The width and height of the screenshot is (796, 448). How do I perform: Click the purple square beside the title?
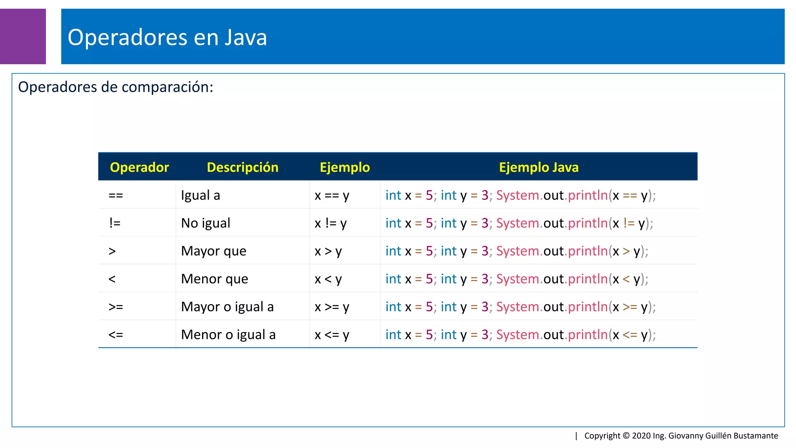click(x=23, y=36)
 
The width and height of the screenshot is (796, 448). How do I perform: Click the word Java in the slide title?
click(x=246, y=38)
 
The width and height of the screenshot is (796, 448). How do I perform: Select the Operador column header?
click(x=139, y=167)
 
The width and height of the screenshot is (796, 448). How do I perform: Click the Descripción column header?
click(x=243, y=167)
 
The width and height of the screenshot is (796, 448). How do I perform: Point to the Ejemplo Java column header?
click(x=539, y=167)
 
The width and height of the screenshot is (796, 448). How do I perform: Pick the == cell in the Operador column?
click(x=115, y=195)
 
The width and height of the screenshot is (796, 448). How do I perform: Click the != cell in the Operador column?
click(x=115, y=223)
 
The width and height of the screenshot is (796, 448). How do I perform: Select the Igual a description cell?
click(x=201, y=195)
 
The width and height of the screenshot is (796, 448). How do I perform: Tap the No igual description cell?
click(x=206, y=223)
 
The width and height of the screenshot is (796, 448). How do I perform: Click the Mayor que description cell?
click(x=213, y=251)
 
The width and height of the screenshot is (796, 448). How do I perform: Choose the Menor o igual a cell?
click(x=228, y=335)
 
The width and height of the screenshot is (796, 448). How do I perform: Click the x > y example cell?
click(x=328, y=251)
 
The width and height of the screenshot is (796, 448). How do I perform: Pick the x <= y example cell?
click(x=332, y=335)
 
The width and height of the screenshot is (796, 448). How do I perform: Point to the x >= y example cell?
click(x=332, y=307)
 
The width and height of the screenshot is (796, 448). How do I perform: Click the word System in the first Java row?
click(x=517, y=195)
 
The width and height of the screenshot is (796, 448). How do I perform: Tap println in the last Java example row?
click(x=588, y=335)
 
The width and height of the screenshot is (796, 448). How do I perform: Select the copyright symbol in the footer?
click(x=626, y=436)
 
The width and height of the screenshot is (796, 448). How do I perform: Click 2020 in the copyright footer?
click(x=641, y=436)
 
